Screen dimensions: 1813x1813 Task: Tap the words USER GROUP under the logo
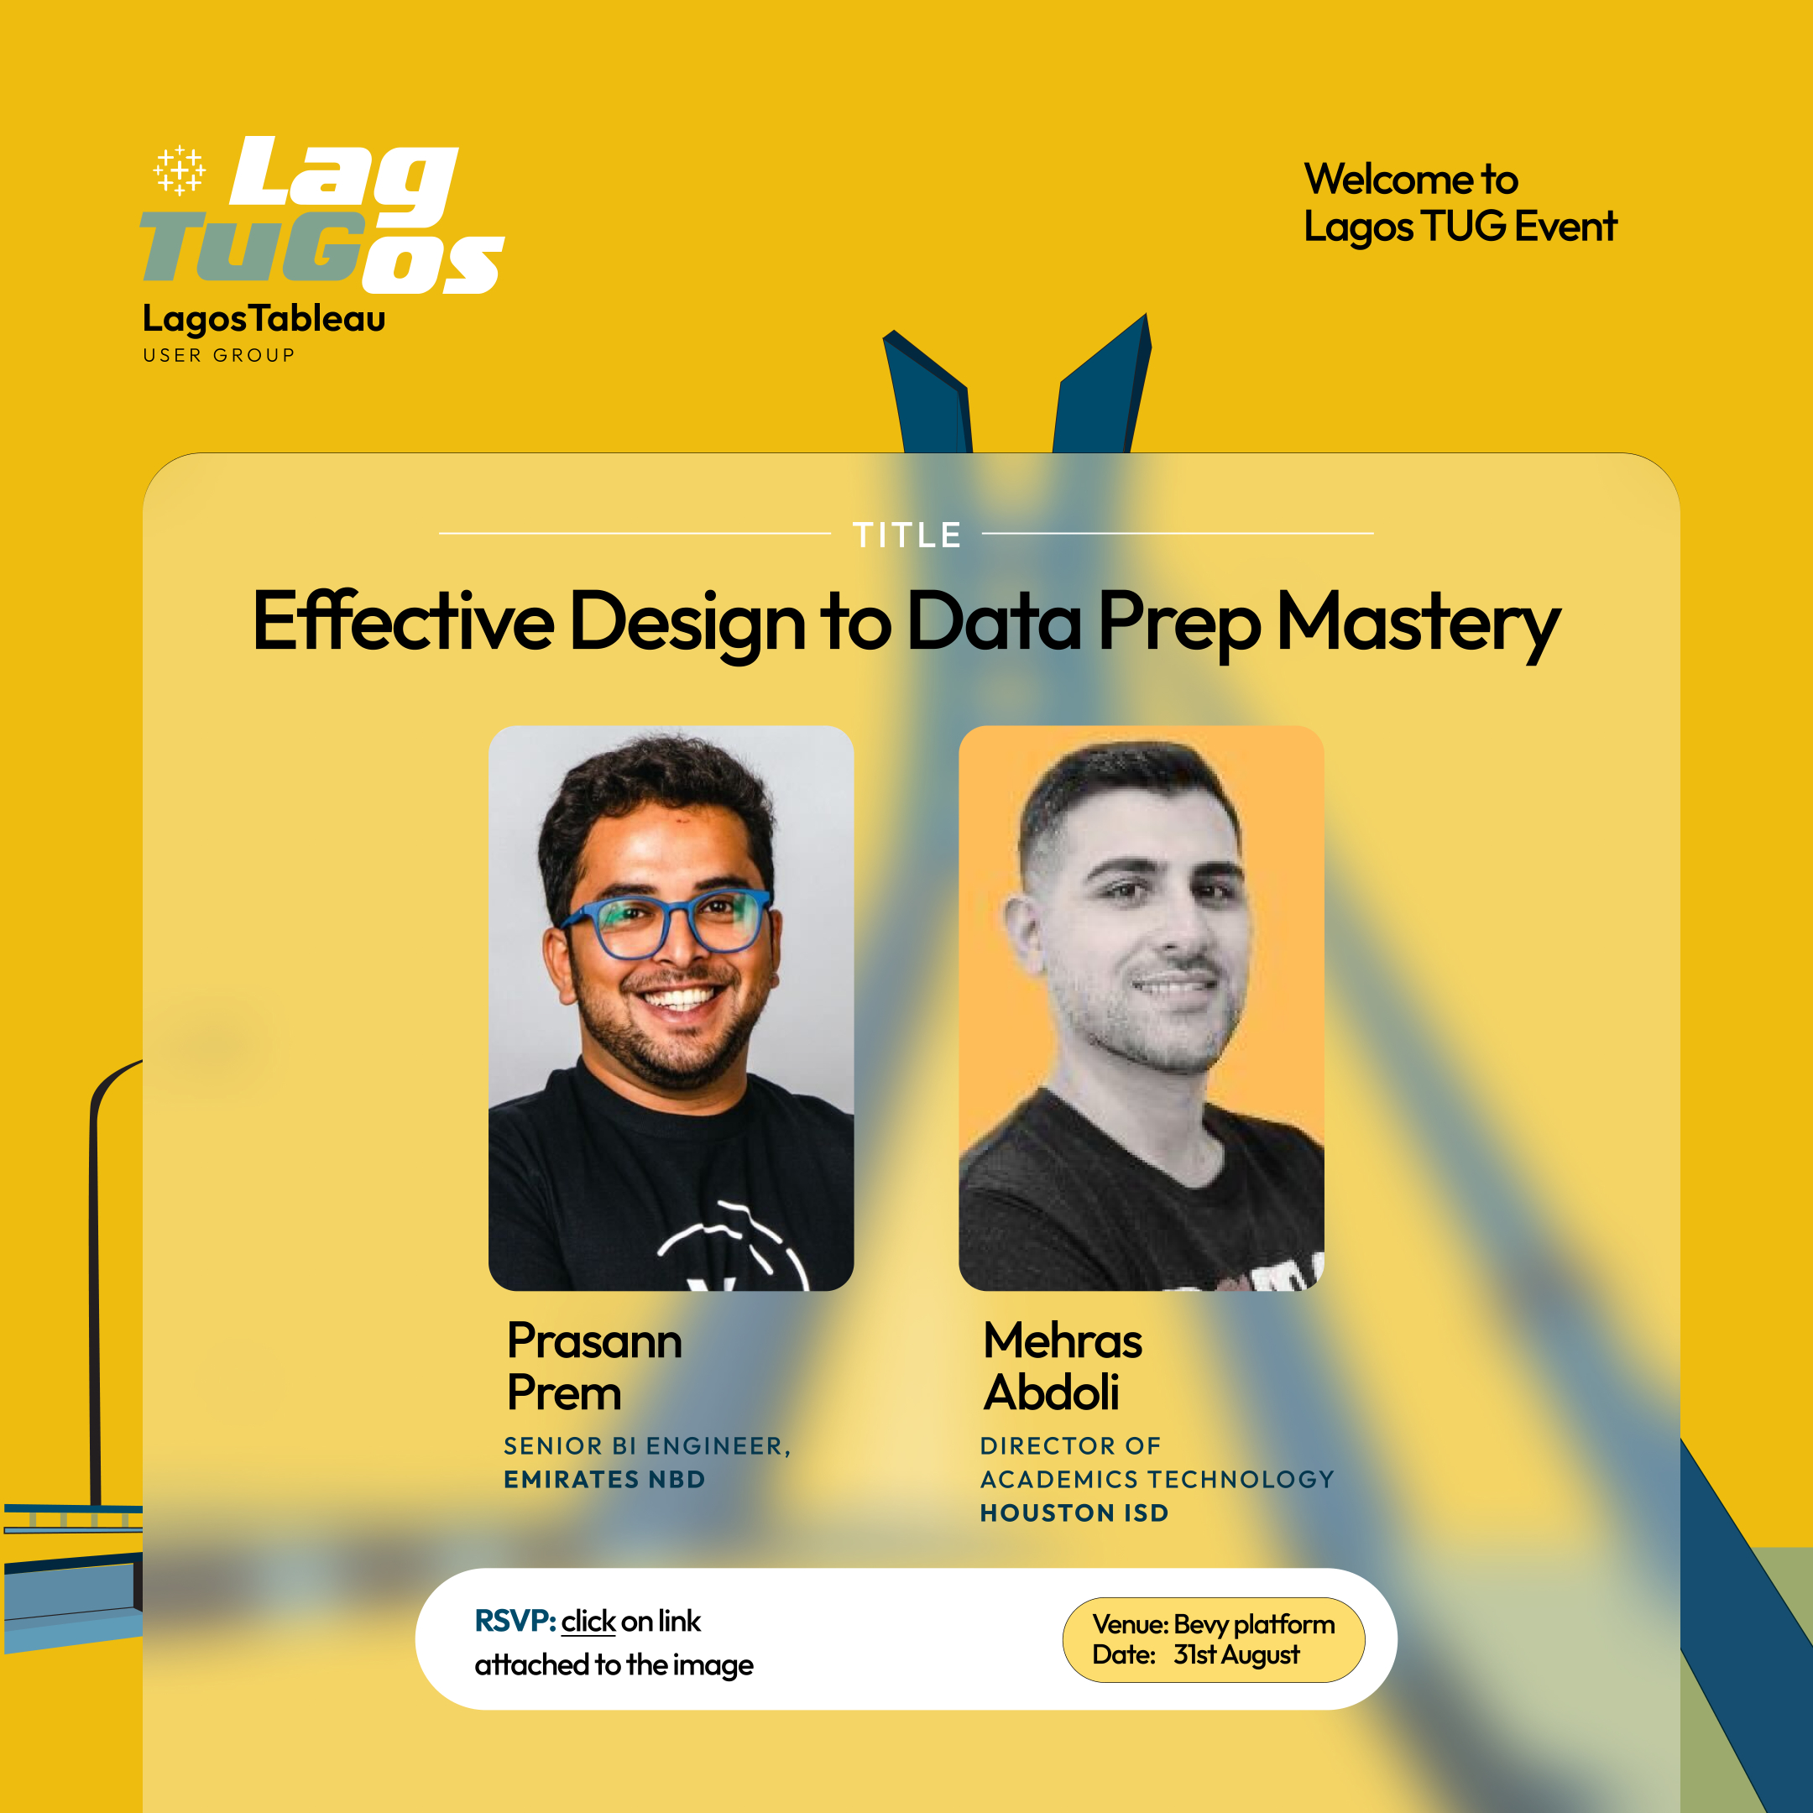point(218,356)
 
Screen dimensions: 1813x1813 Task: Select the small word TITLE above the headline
point(906,535)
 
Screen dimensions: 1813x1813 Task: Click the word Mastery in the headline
point(1418,624)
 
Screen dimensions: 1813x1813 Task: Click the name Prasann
point(594,1341)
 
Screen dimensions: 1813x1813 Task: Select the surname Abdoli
point(1051,1392)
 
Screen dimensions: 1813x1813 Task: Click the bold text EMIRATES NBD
point(604,1480)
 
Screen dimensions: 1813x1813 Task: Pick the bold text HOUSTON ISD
point(1074,1513)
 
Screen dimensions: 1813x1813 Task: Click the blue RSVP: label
point(515,1621)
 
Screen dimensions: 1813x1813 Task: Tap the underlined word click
point(588,1622)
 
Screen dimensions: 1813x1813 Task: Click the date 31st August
point(1236,1654)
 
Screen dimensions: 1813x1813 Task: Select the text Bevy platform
point(1254,1624)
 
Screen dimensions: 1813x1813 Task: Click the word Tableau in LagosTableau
point(318,319)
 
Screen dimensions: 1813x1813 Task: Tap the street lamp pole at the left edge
point(95,1314)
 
